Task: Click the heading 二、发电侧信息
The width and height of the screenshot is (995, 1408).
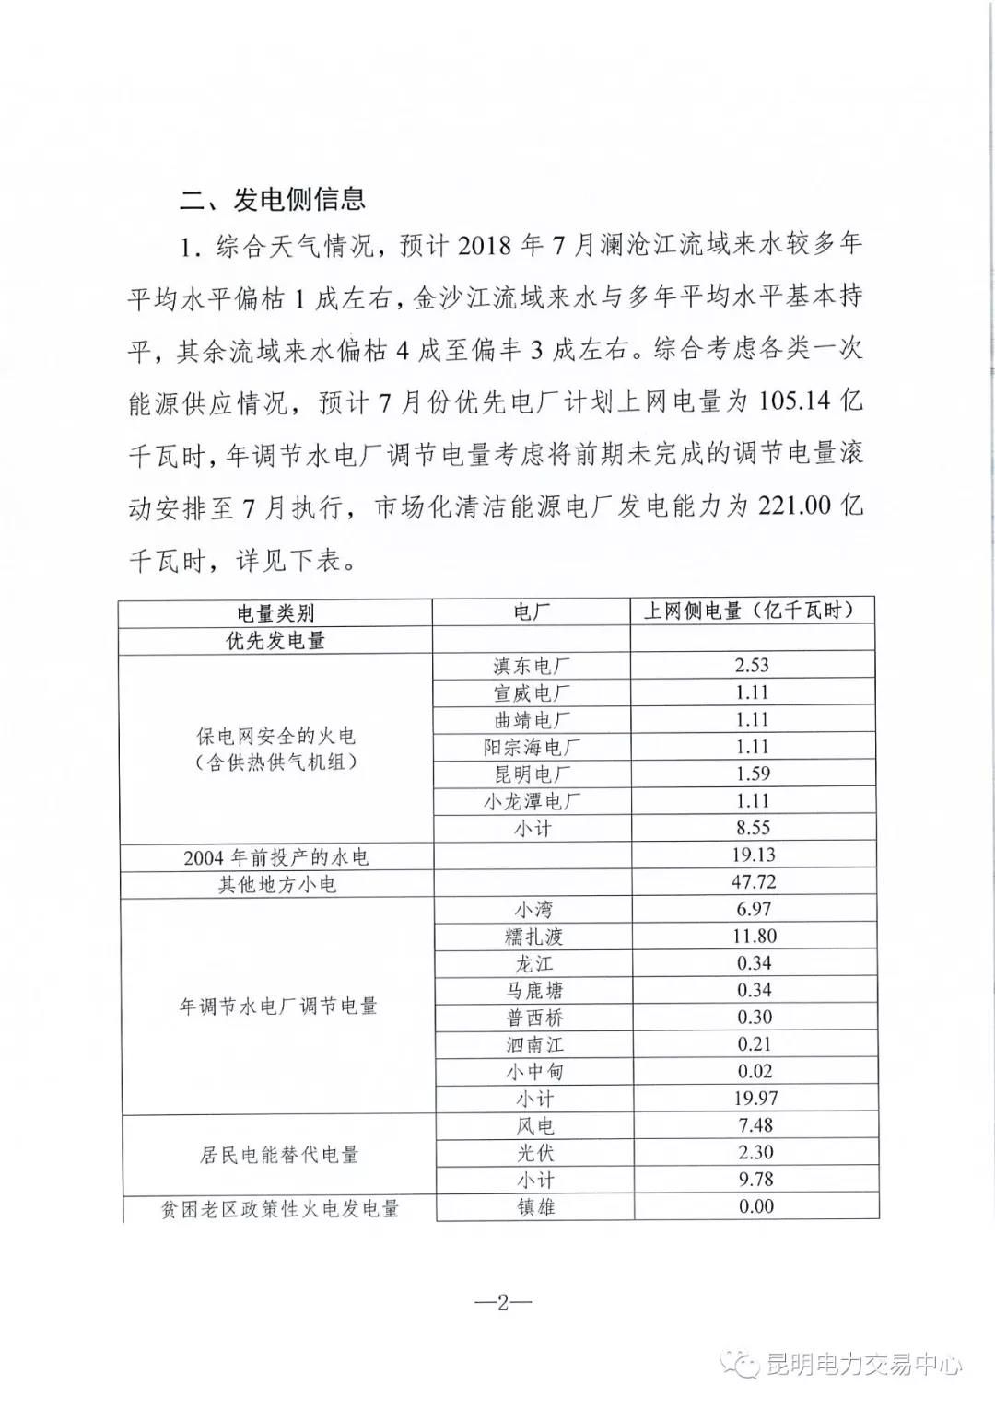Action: coord(273,199)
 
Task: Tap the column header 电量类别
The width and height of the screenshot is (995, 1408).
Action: coord(275,612)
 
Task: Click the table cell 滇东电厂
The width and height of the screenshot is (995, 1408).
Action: coord(532,666)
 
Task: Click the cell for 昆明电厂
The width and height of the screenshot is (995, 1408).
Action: coord(532,774)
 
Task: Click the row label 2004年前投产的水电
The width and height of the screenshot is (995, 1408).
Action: coord(275,856)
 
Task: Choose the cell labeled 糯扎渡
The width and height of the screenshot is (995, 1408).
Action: coord(533,937)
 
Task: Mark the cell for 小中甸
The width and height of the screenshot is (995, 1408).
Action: coord(533,1072)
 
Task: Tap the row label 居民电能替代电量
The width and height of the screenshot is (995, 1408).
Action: coord(278,1154)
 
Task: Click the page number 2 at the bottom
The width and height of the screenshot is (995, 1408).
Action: coord(502,1302)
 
